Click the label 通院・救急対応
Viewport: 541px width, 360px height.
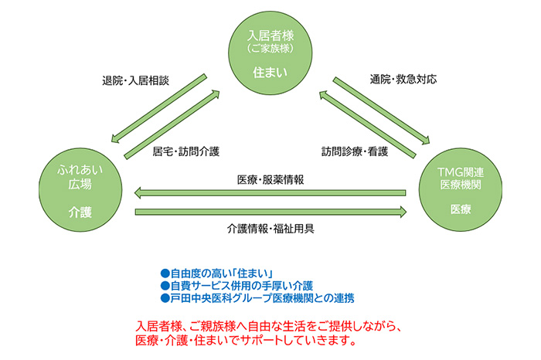pos(403,80)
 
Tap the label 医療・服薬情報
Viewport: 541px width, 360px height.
pos(270,178)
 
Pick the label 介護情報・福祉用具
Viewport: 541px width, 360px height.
pos(270,229)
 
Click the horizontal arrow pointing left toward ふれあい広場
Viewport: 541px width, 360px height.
pos(270,192)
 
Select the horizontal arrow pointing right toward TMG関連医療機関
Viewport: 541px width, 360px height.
pos(270,211)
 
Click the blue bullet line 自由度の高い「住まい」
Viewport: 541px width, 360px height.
pos(212,273)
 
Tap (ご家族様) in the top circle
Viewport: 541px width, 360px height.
pos(270,49)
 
